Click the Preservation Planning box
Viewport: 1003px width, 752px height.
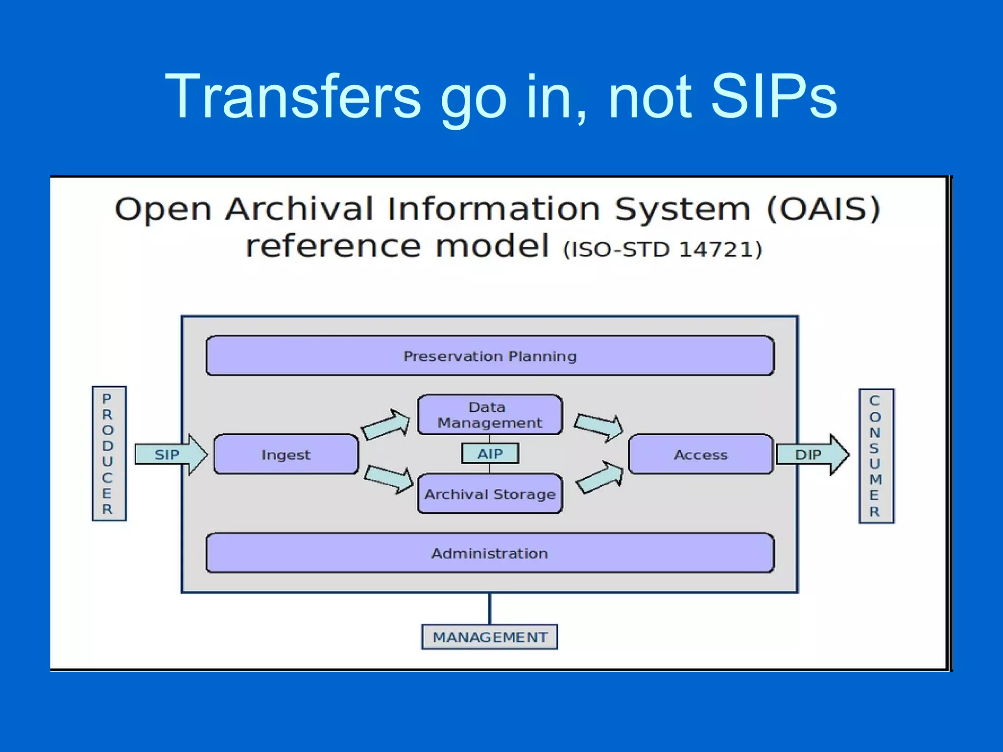coord(490,356)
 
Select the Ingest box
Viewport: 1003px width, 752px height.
coord(286,455)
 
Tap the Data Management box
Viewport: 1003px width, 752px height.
coord(490,415)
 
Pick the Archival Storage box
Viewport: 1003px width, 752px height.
coord(490,494)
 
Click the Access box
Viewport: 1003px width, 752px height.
coord(701,455)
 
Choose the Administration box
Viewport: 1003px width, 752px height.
coord(490,553)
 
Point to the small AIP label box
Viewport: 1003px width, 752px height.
coord(490,454)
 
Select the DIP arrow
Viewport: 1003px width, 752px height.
coord(812,455)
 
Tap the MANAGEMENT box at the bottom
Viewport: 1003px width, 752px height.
coord(490,637)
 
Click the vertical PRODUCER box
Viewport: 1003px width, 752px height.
coord(109,453)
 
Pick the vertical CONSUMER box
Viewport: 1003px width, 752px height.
coord(876,456)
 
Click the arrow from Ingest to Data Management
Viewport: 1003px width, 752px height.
coord(386,424)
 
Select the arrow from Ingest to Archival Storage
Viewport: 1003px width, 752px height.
coord(389,478)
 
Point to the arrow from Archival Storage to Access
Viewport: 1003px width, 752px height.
coord(599,477)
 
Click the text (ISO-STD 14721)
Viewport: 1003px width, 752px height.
coord(663,249)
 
